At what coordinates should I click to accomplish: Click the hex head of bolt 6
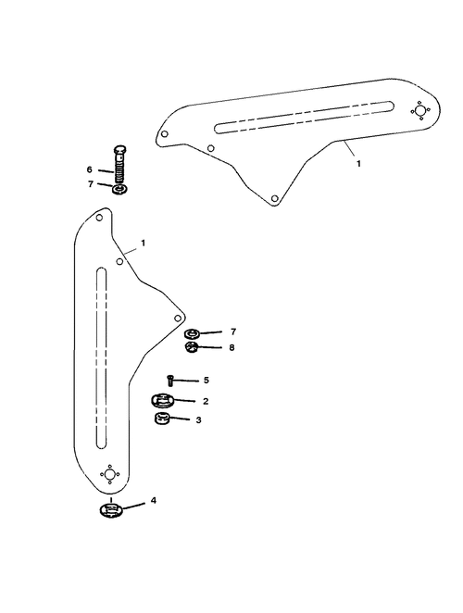tap(120, 150)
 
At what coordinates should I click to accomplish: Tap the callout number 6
tap(90, 169)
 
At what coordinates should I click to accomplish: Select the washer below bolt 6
tap(120, 190)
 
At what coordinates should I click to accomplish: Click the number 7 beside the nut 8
tap(233, 332)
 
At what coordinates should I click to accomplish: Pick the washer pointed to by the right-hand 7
tap(192, 334)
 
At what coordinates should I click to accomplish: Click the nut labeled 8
tap(192, 346)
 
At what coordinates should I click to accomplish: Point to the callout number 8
tap(231, 347)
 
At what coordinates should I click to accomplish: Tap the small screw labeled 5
tap(169, 381)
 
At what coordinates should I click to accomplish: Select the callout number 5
tap(206, 380)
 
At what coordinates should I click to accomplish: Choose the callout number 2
tap(206, 401)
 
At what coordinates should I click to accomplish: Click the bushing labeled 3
tap(160, 419)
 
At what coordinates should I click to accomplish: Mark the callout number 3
tap(199, 419)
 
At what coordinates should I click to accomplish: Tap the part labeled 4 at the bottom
tap(111, 511)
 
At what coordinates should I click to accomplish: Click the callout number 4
tap(154, 500)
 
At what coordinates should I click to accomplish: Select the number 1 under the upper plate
tap(358, 163)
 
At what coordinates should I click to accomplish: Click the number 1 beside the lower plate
tap(144, 243)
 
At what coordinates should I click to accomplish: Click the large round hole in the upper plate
tap(420, 111)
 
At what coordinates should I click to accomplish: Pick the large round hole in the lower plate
tap(110, 474)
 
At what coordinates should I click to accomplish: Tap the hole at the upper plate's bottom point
tap(275, 198)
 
